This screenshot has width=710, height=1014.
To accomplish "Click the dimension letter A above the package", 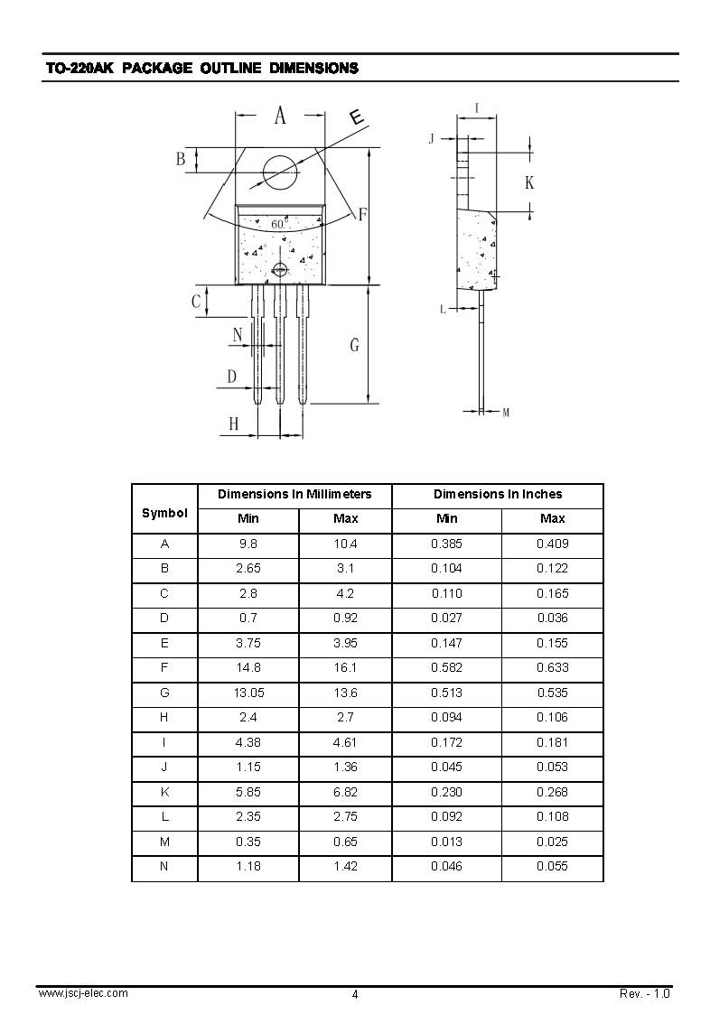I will coord(280,116).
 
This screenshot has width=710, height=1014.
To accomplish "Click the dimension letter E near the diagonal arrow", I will coord(357,117).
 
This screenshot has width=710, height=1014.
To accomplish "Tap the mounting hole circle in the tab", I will coord(280,172).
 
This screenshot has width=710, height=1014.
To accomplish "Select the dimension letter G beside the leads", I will coord(354,345).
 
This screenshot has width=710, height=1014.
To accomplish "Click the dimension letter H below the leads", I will coord(233,423).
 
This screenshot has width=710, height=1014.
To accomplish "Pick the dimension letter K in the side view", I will coord(529,183).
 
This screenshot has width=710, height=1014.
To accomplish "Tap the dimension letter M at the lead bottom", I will coord(506,413).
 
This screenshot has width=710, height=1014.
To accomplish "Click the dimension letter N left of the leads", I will coord(238,335).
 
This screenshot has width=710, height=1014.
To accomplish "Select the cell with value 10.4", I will coord(345,544).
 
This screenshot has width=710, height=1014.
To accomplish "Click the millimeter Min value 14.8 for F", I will coord(248,668).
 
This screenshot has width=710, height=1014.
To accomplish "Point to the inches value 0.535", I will coord(552,693).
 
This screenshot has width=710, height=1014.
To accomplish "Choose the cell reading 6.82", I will coord(345,792).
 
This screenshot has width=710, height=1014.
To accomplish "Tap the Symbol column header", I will coord(164,513).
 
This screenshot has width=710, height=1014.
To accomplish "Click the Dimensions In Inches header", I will coord(498,494).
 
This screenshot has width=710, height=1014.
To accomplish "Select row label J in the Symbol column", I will coord(164,767).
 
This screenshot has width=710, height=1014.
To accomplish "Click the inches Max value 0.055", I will coord(552,867).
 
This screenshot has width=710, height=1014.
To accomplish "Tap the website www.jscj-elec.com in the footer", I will coord(82,993).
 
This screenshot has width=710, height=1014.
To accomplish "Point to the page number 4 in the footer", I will coord(355,994).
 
